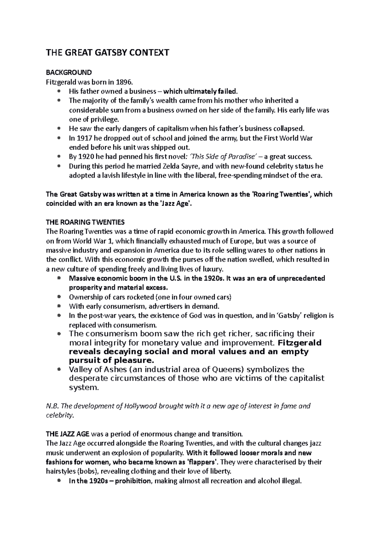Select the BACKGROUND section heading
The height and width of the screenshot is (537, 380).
tap(69, 73)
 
